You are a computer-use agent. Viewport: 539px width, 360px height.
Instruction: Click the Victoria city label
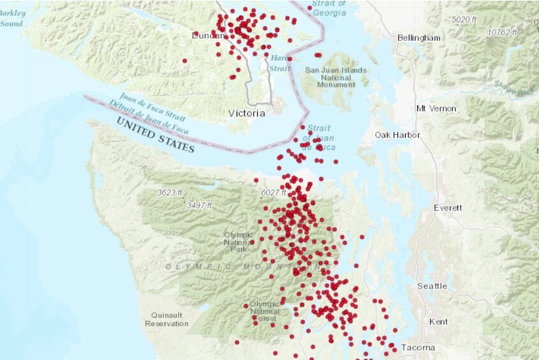(246, 114)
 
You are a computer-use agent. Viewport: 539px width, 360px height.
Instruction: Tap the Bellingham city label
(418, 38)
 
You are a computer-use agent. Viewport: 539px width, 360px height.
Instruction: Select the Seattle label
(432, 286)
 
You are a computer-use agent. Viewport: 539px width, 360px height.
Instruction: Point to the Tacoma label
(418, 348)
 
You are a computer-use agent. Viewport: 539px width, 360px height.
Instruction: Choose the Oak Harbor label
(397, 135)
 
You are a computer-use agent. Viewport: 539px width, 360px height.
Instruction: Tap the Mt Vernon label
(436, 109)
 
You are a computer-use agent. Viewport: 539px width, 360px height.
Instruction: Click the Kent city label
(438, 322)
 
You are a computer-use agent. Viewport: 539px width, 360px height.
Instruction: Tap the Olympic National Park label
(238, 242)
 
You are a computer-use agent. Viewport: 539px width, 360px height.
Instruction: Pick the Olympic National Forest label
(264, 311)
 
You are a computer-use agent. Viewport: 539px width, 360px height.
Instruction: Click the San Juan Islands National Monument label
(336, 77)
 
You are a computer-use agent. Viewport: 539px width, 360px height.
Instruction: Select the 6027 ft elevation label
(276, 193)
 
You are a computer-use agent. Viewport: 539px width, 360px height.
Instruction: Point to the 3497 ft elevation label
(199, 206)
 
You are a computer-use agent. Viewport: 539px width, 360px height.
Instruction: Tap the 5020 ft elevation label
(464, 20)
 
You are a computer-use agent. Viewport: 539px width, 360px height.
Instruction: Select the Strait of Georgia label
(330, 8)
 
